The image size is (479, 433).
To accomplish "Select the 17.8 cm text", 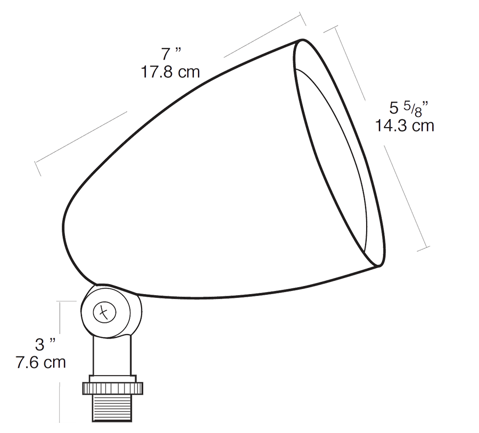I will [x=170, y=72].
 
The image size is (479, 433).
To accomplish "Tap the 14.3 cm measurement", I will [x=404, y=126].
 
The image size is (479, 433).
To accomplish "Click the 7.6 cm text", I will [x=40, y=362].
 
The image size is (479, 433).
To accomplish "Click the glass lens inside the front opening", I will [x=333, y=160].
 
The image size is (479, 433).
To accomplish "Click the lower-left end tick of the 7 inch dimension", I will [x=37, y=168].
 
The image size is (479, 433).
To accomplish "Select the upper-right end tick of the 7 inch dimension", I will [x=302, y=20].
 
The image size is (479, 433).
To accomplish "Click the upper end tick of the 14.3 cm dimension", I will [x=329, y=29].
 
